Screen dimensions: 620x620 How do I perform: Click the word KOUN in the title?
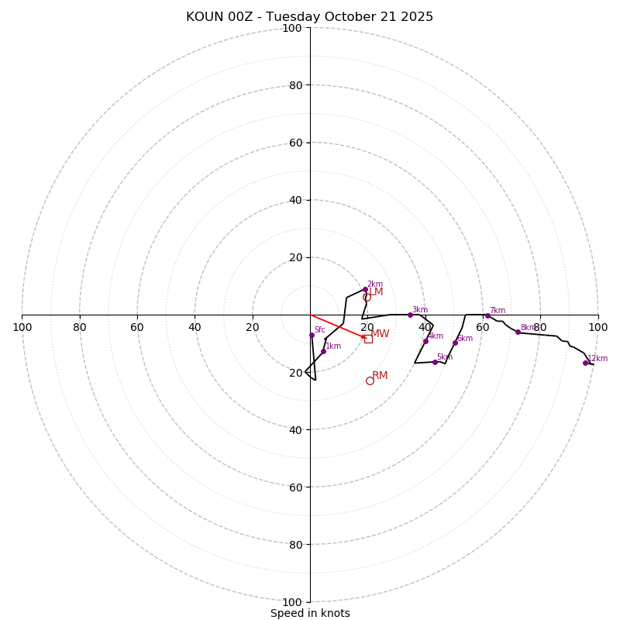pos(203,17)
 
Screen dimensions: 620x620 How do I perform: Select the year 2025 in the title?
pos(418,17)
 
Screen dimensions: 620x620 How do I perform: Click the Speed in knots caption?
pos(310,613)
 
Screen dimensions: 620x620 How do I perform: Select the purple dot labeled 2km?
pos(365,290)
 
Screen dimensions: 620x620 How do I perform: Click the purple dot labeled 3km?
pos(410,315)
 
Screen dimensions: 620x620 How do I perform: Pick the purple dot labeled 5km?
pos(435,362)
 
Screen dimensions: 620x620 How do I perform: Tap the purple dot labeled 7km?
pos(487,315)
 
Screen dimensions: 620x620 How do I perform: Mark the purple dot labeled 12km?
pos(585,363)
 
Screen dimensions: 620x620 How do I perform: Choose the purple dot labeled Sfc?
pos(312,335)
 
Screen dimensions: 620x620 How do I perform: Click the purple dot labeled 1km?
pos(323,351)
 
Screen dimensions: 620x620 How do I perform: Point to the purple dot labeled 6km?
pos(455,343)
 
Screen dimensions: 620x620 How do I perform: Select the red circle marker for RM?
pos(370,381)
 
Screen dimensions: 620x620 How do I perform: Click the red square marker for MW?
pos(368,339)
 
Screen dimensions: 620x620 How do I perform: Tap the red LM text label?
pos(377,292)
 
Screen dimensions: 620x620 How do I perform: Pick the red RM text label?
pos(380,376)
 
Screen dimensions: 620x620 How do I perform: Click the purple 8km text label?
pos(527,328)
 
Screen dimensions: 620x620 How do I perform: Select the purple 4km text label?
pos(436,336)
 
